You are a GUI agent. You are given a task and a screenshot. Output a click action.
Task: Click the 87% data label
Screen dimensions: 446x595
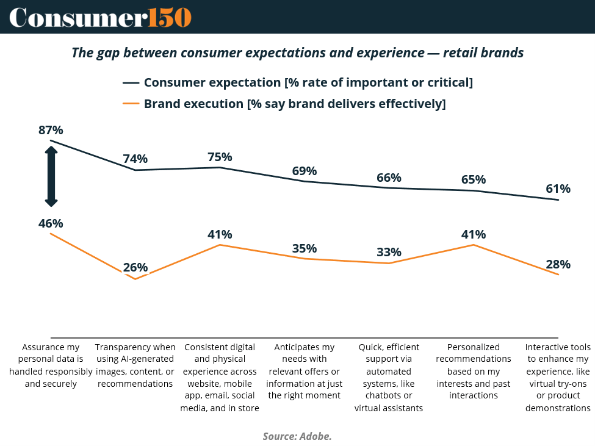click(51, 130)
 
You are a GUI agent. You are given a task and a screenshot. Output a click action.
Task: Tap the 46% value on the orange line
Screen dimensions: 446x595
click(51, 223)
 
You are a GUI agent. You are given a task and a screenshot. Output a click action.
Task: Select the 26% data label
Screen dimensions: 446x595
click(135, 267)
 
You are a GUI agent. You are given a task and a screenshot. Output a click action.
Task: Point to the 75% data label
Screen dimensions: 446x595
click(220, 157)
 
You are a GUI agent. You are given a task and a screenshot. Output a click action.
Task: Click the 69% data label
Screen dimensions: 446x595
click(305, 171)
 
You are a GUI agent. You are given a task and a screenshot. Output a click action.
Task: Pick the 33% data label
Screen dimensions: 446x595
click(389, 252)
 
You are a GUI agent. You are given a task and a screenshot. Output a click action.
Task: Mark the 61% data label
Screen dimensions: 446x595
click(558, 189)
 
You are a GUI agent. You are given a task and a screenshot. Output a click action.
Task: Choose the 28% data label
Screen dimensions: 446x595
click(558, 264)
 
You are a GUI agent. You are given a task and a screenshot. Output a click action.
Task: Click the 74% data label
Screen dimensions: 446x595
click(135, 159)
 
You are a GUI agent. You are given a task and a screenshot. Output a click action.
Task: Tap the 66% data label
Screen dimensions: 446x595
click(389, 178)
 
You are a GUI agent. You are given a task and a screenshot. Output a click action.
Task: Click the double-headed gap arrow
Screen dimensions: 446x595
click(51, 176)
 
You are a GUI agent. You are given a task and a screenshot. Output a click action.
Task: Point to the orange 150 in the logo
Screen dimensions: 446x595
click(170, 17)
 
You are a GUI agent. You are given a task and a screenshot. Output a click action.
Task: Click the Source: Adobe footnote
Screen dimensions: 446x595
click(297, 436)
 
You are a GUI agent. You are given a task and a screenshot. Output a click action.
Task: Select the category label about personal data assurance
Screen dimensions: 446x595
click(51, 365)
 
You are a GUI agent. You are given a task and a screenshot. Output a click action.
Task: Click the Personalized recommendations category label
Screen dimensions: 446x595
click(473, 371)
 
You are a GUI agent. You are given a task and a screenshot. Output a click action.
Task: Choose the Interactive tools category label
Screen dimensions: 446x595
click(558, 378)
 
